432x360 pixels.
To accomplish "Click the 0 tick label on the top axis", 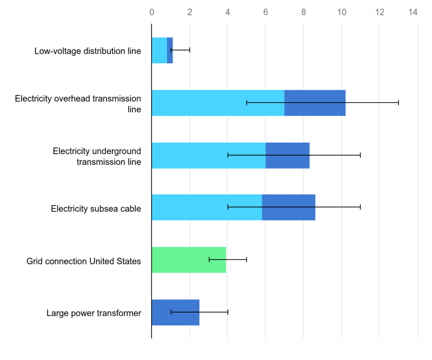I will coord(152,12).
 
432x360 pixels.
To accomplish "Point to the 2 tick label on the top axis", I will coord(190,12).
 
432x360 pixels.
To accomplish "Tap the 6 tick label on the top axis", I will coord(266,12).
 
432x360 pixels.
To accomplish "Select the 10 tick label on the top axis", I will coord(342,12).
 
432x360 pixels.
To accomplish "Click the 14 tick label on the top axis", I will coord(413,12).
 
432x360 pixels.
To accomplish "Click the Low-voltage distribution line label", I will coord(88,51).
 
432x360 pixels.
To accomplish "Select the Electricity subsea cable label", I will coord(96,208).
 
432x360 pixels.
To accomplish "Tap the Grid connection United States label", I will coord(84,261).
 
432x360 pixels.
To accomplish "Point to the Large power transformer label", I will coord(94,313).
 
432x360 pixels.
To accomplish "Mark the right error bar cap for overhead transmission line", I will coord(398,103).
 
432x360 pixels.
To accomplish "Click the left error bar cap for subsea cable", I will coord(228,207).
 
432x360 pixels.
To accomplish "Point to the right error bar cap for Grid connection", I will coord(246,260).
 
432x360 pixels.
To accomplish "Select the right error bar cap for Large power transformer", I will coord(228,312).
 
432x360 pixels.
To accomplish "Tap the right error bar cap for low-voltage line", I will coord(190,50).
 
